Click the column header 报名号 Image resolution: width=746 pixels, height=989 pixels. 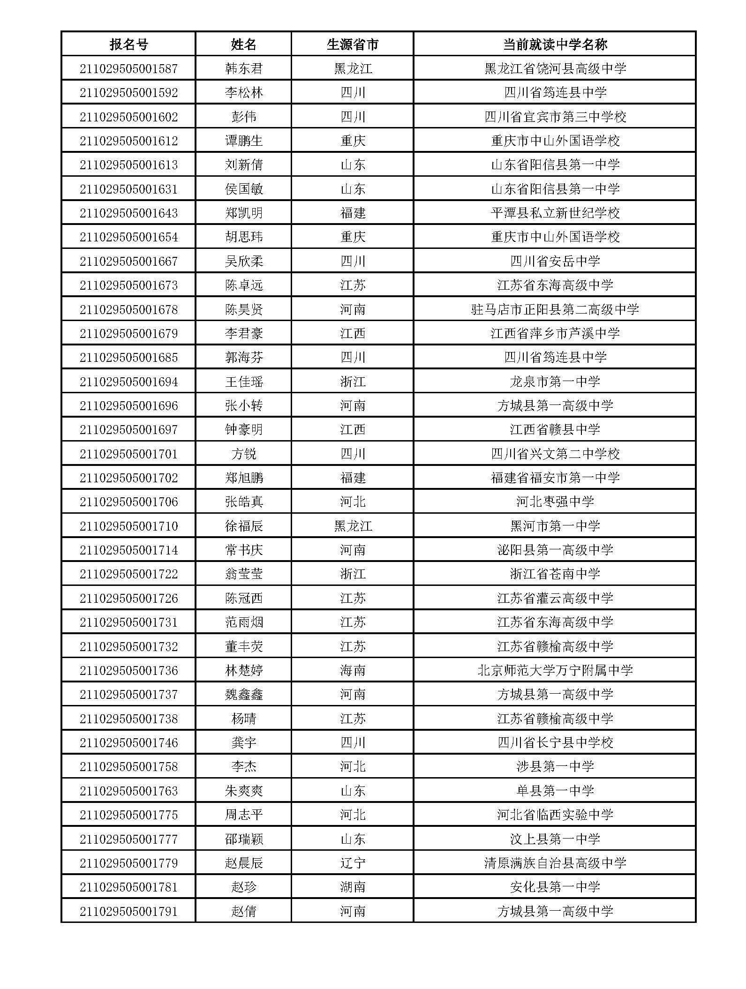tap(128, 45)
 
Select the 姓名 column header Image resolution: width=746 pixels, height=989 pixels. tap(243, 45)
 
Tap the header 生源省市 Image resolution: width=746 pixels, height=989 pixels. tap(353, 45)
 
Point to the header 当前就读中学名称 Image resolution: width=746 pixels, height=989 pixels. tap(555, 45)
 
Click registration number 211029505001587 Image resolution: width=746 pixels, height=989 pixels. tap(128, 69)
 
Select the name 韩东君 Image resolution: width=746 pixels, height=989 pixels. tap(243, 69)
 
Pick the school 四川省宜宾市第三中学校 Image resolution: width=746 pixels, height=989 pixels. tap(555, 117)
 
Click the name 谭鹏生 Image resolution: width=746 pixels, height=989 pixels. tap(243, 141)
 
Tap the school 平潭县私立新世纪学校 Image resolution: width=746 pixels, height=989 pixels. tap(555, 213)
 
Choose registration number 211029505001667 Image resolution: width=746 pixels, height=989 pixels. tap(128, 261)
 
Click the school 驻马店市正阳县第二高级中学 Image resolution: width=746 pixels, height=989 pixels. tap(555, 309)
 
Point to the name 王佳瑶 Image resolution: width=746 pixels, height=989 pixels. tap(243, 382)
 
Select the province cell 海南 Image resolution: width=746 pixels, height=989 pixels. tap(353, 670)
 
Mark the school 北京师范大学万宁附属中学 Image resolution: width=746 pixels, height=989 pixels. tap(555, 670)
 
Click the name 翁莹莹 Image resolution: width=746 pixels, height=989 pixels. tap(243, 574)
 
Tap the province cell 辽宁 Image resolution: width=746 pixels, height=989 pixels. tap(353, 863)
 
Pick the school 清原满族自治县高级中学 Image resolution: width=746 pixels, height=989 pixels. tap(555, 863)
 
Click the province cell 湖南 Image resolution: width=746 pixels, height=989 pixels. tap(353, 887)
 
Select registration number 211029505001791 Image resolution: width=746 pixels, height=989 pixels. tap(128, 911)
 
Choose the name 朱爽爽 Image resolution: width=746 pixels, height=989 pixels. tap(243, 791)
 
